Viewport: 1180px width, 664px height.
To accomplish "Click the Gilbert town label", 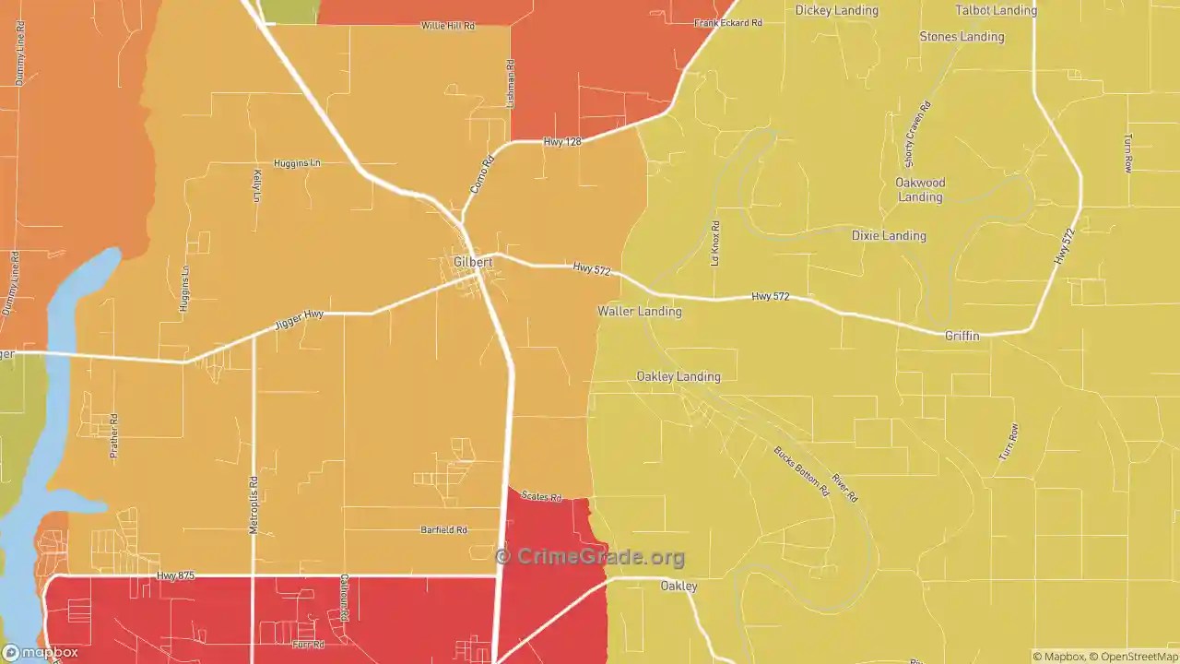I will click(x=473, y=262).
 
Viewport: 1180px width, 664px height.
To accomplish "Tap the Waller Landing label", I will click(x=640, y=312).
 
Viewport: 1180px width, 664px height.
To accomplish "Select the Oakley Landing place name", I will click(x=678, y=376).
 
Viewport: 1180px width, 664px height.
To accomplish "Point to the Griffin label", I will click(x=962, y=337).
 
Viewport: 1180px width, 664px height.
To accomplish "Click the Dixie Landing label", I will click(x=888, y=235).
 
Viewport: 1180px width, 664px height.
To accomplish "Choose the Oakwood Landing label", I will click(x=920, y=190).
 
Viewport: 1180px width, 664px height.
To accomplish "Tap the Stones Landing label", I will click(x=962, y=37).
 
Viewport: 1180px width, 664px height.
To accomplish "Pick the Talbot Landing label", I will click(x=996, y=11).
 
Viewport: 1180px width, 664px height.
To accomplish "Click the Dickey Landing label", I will click(x=836, y=11).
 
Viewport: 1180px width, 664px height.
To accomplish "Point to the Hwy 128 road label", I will click(x=562, y=142).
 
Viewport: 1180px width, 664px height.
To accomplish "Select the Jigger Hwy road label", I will click(x=299, y=321).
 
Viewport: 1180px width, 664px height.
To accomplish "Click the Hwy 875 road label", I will click(x=175, y=576).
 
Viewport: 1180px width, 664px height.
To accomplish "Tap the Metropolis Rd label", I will click(x=254, y=504).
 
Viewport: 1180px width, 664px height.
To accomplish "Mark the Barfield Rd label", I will click(x=444, y=530).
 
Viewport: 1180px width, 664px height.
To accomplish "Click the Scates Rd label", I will click(x=541, y=496).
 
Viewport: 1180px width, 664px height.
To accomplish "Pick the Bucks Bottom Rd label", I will click(x=801, y=472).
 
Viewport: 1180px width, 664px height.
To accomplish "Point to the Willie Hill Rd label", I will click(x=448, y=26).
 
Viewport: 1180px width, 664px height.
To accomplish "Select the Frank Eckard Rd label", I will click(x=728, y=22).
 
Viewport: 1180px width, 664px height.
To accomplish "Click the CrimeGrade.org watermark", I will click(x=590, y=557).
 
